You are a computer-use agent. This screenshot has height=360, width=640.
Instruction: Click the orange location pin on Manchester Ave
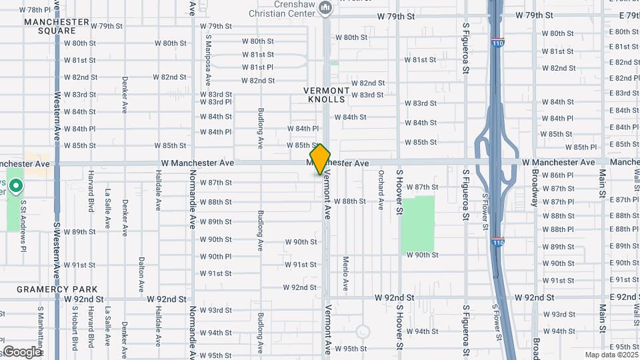point(321,159)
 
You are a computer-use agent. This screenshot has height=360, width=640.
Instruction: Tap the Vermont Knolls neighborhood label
point(327,95)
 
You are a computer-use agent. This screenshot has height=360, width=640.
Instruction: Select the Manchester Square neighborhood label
point(57,26)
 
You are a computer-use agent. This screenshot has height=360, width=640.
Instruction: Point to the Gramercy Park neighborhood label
point(57,289)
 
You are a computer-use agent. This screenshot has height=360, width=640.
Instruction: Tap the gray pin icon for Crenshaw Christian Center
point(326,8)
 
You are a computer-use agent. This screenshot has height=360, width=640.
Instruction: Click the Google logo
point(21,351)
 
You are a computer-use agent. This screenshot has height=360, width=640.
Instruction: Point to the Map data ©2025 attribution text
point(611,355)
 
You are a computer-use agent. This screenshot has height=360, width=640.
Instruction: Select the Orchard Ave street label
point(381,189)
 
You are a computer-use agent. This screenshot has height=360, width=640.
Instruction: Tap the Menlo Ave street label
point(345,273)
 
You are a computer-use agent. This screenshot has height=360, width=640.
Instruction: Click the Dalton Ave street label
point(141,275)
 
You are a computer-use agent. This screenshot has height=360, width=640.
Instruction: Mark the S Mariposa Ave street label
point(209,60)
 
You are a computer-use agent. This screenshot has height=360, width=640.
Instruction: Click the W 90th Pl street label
point(215,257)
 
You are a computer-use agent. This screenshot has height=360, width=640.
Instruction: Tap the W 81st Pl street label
point(257,67)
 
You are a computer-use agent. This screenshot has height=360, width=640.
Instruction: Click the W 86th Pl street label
point(558,175)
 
